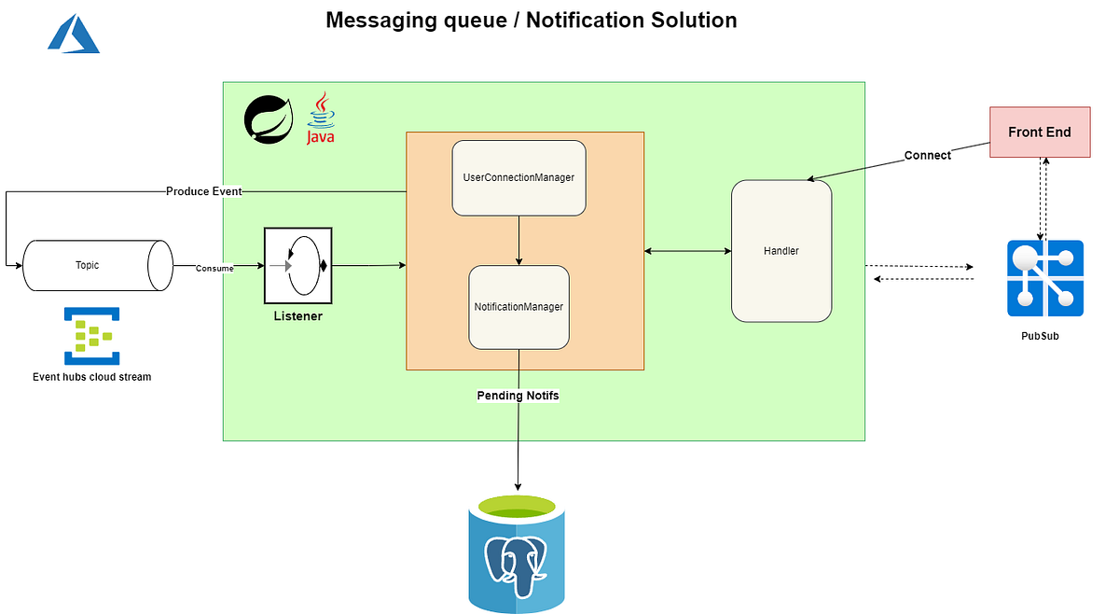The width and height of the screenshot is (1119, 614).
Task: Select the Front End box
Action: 1039,132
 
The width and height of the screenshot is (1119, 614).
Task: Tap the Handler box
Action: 781,251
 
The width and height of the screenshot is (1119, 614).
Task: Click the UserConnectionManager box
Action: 518,177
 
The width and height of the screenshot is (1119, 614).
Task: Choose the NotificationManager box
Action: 518,307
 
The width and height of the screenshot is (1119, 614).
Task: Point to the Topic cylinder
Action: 96,265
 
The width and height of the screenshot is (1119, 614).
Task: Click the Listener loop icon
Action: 297,265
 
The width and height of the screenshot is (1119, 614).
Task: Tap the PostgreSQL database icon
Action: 517,554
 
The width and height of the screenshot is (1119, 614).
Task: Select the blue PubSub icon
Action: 1044,278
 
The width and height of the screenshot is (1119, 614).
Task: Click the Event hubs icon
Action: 88,335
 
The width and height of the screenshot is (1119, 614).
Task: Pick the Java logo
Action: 321,119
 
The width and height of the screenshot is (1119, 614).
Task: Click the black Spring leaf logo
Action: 269,119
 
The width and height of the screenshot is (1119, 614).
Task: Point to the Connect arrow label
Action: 927,156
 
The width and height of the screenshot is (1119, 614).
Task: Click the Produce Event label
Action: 203,191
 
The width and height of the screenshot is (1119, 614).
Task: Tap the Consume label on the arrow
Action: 214,269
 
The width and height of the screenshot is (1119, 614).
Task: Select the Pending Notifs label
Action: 518,396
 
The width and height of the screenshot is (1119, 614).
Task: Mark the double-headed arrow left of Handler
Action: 687,251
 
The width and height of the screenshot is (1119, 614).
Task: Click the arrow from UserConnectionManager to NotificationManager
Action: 518,240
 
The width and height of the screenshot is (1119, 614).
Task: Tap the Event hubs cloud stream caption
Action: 91,377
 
